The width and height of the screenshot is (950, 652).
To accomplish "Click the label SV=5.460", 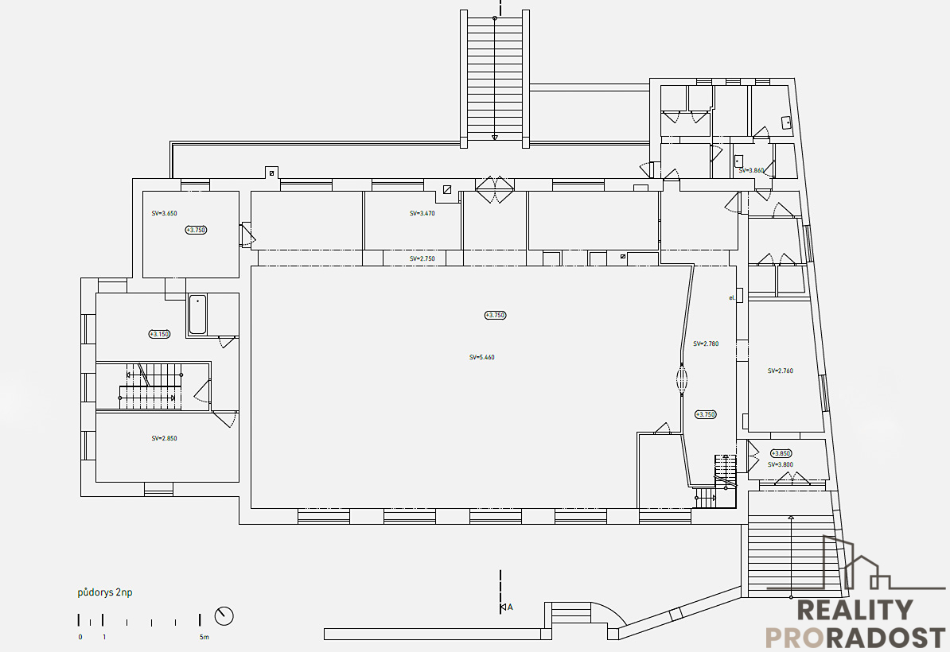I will (482, 358).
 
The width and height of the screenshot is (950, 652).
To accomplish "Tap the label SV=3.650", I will (165, 213).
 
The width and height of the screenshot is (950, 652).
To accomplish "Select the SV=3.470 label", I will (422, 213).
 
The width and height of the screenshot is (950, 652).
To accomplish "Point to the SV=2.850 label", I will (165, 438).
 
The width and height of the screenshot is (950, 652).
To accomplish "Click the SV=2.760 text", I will (781, 371).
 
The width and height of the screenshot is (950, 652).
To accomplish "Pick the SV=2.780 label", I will (706, 344).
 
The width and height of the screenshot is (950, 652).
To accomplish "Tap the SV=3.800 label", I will (781, 464).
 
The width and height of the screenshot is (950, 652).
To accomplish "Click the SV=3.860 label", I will (751, 170).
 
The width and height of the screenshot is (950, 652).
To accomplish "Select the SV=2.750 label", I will (422, 259).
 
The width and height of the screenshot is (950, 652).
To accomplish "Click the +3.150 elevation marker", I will (160, 334).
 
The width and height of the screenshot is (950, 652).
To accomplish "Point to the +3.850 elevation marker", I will (781, 453).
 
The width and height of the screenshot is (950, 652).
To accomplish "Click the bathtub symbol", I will (197, 314).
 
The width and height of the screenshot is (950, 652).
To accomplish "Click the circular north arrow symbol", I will (224, 615).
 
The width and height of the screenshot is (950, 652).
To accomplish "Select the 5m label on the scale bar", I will (204, 637).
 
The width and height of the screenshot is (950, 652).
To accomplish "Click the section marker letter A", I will (510, 607).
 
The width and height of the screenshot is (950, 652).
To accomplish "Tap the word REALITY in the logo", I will (855, 611).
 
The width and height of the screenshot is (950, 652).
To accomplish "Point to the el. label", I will (731, 297).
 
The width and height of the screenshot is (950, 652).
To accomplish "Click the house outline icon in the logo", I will (851, 565).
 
